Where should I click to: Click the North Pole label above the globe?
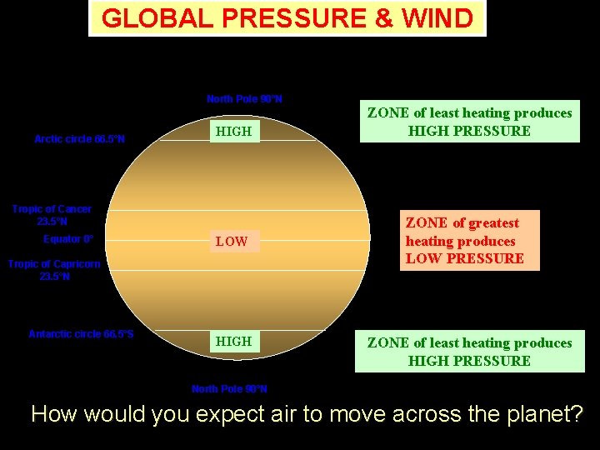coord(244,99)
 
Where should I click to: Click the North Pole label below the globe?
coord(229,389)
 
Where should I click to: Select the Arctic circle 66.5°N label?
coord(79,139)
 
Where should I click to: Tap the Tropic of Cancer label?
coord(52,215)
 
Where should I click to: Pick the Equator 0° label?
coord(68,239)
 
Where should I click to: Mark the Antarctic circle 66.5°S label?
coord(81,334)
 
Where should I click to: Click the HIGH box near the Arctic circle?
coord(234,131)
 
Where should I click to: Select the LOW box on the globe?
coord(232,242)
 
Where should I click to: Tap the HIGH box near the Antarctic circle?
coord(234,342)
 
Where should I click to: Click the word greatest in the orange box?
coord(493,223)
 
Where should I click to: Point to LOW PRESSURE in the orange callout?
coord(464,258)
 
